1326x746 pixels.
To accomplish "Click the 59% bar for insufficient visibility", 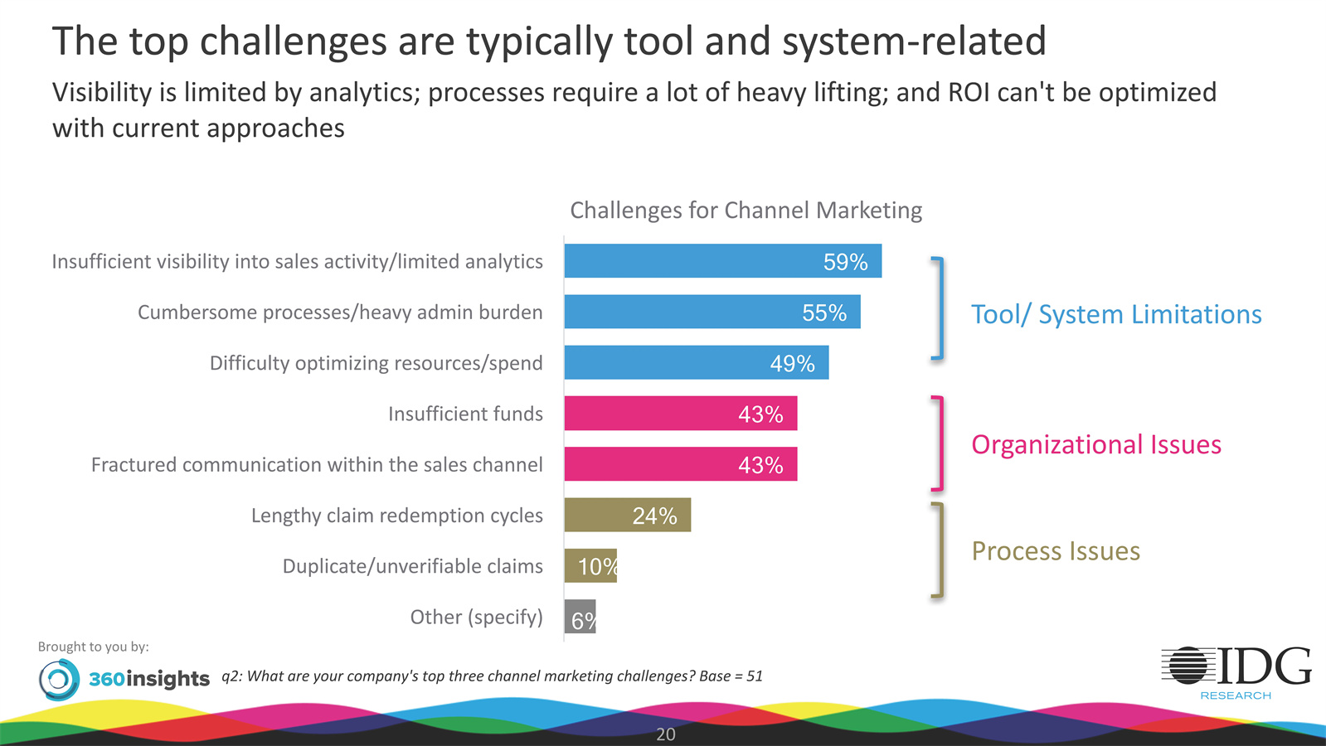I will click(721, 261).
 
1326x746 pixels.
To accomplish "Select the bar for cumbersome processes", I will click(712, 312).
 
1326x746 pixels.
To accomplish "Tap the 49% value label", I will click(792, 364).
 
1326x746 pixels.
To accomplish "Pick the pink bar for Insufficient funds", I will click(680, 414).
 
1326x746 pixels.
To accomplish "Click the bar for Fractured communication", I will click(680, 464).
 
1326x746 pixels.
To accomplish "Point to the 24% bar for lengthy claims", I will click(627, 516).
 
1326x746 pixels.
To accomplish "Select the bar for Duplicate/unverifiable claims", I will click(590, 566).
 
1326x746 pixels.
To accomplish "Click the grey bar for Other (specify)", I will click(580, 617).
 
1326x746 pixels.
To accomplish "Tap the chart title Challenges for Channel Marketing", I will click(746, 211).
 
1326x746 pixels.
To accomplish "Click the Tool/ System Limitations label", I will click(1115, 315).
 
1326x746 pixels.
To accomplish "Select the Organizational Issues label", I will click(1095, 445).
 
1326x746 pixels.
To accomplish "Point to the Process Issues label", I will click(1055, 551).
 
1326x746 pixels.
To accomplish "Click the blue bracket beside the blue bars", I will click(939, 308).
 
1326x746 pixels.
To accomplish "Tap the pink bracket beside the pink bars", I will click(939, 443).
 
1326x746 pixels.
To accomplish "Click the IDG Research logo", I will click(1236, 672).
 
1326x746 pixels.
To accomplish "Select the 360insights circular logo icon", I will click(59, 680).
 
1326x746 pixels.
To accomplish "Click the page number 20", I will click(665, 734).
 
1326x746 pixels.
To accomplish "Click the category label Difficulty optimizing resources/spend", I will click(376, 363).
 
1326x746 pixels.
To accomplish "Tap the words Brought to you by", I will click(93, 647).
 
